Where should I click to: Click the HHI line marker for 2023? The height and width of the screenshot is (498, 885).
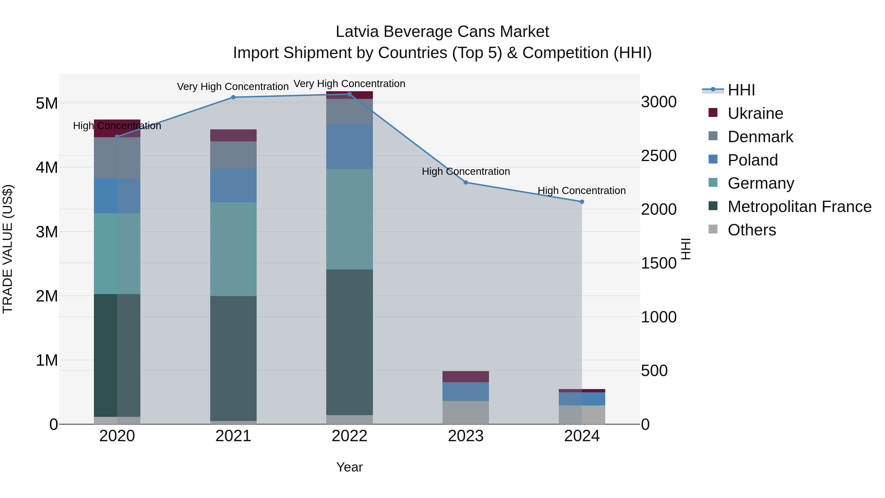pyautogui.click(x=466, y=182)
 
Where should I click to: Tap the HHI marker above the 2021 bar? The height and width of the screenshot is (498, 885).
pyautogui.click(x=233, y=97)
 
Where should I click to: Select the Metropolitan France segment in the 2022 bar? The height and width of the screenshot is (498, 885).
pyautogui.click(x=349, y=342)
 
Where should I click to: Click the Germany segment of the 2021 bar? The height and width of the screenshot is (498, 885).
pyautogui.click(x=233, y=249)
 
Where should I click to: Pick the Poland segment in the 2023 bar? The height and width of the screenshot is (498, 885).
pyautogui.click(x=466, y=392)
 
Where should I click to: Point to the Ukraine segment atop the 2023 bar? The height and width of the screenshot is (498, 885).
pyautogui.click(x=466, y=377)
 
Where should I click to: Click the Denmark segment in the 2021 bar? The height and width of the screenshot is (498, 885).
pyautogui.click(x=233, y=155)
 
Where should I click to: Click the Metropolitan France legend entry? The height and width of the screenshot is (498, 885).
pyautogui.click(x=799, y=207)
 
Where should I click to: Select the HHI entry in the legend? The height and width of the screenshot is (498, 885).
pyautogui.click(x=741, y=90)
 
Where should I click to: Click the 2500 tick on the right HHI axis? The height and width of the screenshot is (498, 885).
pyautogui.click(x=659, y=156)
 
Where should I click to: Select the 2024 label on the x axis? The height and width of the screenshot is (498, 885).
pyautogui.click(x=582, y=436)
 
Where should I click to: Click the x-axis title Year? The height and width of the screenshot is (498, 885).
pyautogui.click(x=349, y=467)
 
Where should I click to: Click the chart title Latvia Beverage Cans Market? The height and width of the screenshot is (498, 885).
pyautogui.click(x=442, y=32)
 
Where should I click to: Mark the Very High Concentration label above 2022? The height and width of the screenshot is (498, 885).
pyautogui.click(x=349, y=84)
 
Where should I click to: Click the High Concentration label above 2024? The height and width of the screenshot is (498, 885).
pyautogui.click(x=581, y=190)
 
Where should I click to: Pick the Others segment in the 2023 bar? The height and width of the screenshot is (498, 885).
pyautogui.click(x=466, y=412)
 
